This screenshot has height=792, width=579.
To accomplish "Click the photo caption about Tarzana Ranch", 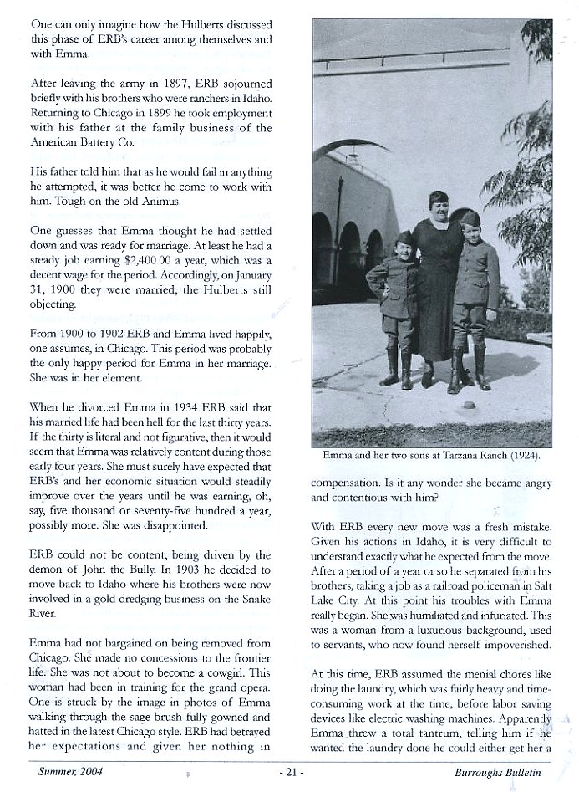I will pos(432,457).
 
